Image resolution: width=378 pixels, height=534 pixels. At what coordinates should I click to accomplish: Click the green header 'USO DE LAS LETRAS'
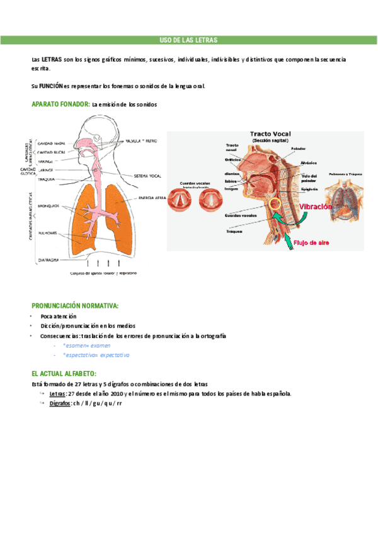[x=188, y=40]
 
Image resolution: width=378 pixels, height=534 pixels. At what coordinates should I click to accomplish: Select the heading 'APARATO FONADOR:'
[x=60, y=104]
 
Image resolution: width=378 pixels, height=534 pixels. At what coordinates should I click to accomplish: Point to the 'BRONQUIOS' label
[x=48, y=205]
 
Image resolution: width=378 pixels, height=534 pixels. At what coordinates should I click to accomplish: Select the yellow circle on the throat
[x=275, y=205]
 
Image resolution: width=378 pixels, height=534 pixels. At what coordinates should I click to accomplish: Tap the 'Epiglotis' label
[x=310, y=188]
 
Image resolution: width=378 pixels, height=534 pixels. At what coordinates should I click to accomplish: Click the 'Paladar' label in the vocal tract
[x=299, y=149]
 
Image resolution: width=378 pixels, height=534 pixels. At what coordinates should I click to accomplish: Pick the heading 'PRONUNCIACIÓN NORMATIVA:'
[x=74, y=305]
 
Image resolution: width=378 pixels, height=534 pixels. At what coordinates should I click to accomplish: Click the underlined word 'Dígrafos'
[x=60, y=403]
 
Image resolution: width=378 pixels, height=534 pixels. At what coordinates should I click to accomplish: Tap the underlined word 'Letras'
[x=57, y=394]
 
